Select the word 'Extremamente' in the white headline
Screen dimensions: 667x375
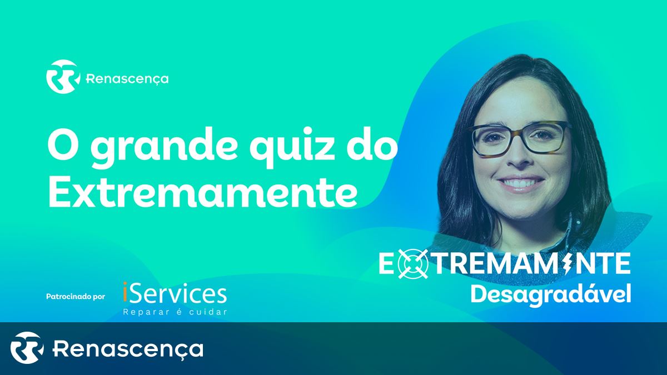pos(202,192)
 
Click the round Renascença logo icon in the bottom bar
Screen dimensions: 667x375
pos(27,348)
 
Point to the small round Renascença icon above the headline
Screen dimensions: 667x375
pos(63,77)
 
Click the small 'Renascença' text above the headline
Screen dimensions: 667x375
pos(127,79)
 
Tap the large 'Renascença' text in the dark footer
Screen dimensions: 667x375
pos(128,349)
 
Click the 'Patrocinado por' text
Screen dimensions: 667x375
pos(76,297)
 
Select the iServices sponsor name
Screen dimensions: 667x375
pos(175,293)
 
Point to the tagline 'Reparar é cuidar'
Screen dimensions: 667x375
pos(175,312)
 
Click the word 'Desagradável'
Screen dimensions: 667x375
pos(551,294)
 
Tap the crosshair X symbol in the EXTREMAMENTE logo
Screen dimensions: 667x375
pos(412,264)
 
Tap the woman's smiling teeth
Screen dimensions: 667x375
pos(519,183)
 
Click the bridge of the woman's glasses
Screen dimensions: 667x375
pos(520,132)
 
